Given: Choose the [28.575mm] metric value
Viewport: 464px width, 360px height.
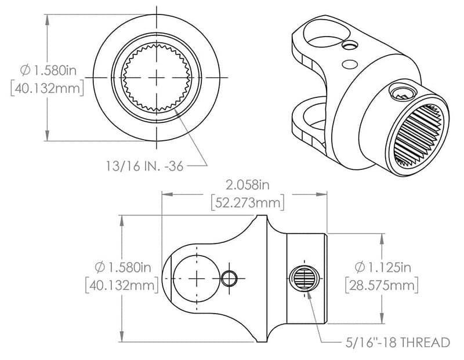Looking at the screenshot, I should [382, 286].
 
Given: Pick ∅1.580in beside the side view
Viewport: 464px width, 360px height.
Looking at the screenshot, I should [122, 267].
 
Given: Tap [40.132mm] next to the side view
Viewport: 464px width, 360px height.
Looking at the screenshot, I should [122, 286].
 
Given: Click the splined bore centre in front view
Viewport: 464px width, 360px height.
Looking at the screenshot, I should [157, 78].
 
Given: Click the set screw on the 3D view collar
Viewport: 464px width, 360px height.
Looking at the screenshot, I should [400, 90].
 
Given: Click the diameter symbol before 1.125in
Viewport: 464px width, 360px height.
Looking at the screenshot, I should [359, 267].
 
